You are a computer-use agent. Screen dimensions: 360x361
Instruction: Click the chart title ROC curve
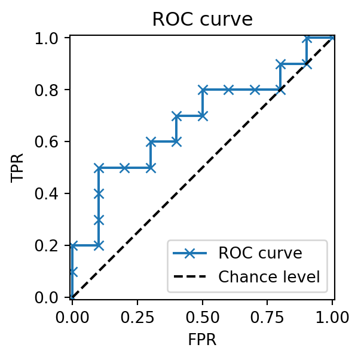pos(202,19)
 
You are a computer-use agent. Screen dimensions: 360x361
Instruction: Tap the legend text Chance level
pos(269,277)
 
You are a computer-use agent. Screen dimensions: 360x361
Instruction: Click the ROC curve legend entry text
pos(260,253)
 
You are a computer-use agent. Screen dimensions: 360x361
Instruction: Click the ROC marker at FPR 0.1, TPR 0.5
pos(98,168)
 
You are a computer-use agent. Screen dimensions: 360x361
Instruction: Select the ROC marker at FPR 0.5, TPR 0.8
pos(203,90)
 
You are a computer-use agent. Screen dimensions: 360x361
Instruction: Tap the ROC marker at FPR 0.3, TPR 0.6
pos(151,141)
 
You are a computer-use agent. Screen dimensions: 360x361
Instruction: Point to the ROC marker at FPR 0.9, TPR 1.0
pos(307,38)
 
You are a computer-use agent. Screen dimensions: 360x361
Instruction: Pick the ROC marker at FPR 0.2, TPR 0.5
pos(124,168)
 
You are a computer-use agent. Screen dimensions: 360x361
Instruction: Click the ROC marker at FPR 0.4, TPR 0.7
pos(176,116)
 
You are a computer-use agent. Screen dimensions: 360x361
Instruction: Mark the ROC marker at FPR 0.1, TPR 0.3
pos(98,220)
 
